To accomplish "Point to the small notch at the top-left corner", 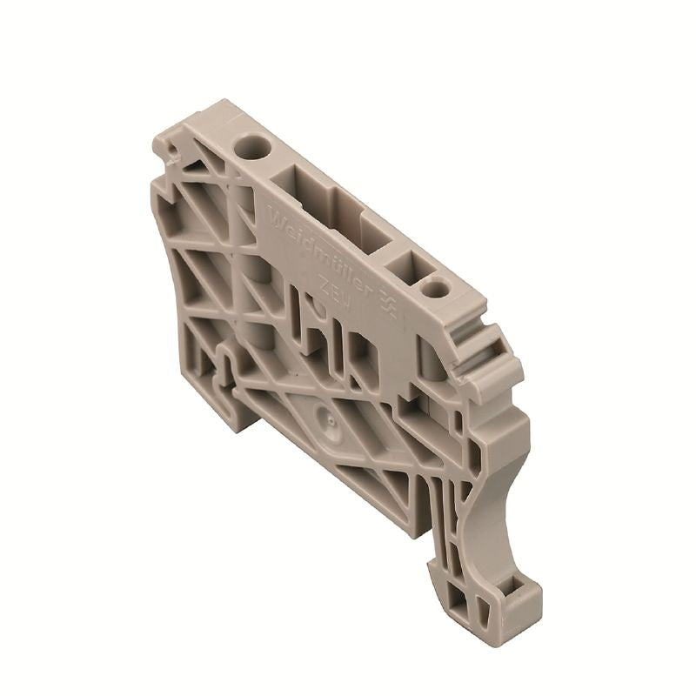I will point(175,154).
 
